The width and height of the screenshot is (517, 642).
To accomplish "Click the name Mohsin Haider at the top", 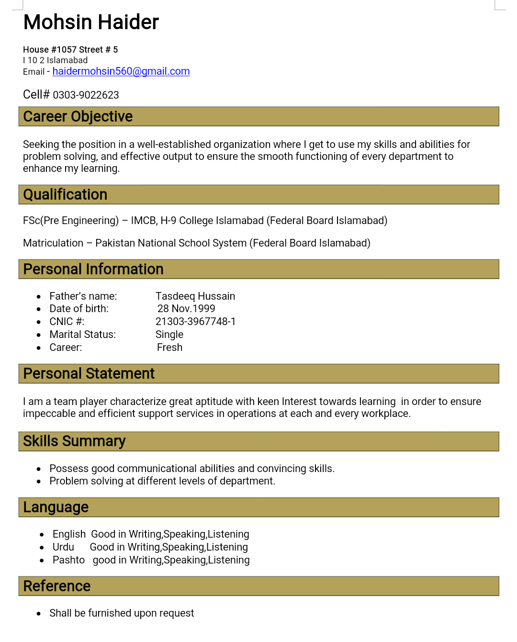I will point(91,23).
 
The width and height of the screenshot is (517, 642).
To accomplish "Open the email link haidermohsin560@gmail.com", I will point(121,71).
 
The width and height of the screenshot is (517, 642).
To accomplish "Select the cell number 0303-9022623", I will point(86,95).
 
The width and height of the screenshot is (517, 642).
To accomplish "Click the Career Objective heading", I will point(78,116).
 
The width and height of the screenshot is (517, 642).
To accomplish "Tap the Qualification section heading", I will point(65,194).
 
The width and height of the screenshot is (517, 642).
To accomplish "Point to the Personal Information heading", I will point(93,269).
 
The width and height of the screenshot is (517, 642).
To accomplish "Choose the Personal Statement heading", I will point(89,373).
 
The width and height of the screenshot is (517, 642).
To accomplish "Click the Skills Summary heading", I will point(74,441).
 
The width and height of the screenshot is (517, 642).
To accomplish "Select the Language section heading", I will point(56,507).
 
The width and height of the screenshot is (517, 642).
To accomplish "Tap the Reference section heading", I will point(57,586).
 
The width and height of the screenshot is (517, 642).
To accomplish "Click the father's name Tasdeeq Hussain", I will point(195,296).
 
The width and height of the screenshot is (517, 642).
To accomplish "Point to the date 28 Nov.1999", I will point(186,309).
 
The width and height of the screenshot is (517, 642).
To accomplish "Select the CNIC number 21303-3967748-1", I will point(195,322).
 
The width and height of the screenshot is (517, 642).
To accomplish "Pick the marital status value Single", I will point(169,335).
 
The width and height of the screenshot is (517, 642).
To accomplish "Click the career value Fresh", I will point(169,348).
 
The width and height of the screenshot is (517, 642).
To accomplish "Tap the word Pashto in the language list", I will point(68,560).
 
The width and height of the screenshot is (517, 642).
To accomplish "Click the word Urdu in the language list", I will point(63,547).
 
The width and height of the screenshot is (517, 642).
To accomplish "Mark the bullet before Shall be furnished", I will point(39,614).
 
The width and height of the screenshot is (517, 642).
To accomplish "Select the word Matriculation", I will point(53,243).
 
